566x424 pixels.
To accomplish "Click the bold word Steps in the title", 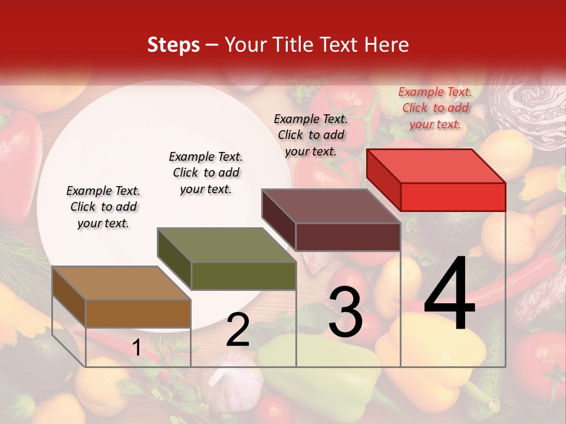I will [x=173, y=45].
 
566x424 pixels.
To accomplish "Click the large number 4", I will [x=449, y=294].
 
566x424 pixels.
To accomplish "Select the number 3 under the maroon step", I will [x=345, y=312].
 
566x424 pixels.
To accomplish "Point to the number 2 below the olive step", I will [x=238, y=329].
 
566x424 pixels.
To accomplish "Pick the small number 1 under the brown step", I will [x=136, y=348].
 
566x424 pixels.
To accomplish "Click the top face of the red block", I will [x=436, y=165].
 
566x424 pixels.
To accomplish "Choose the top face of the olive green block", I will [x=227, y=245].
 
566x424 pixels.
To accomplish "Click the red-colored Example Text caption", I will [x=435, y=108].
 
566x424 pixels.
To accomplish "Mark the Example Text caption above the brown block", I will [x=103, y=207].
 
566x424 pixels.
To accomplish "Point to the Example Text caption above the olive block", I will [x=206, y=173].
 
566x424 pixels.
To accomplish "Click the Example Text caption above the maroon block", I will [x=311, y=135].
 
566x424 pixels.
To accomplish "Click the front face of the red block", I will [x=453, y=197].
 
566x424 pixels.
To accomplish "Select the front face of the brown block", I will [x=138, y=313].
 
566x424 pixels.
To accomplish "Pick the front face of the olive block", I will [x=243, y=276].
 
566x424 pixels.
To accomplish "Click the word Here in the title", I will [x=386, y=45].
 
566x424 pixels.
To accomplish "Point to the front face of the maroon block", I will [x=348, y=237].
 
